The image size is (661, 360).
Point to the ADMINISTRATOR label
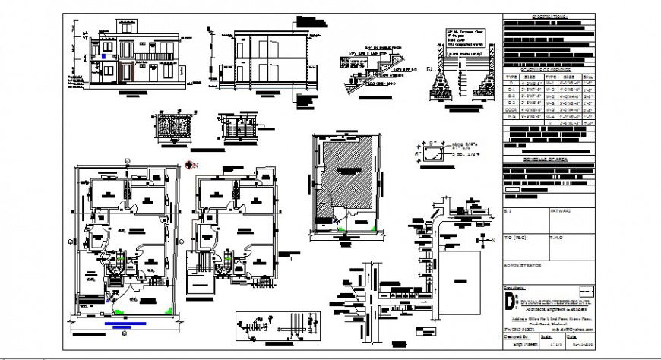point(524,267)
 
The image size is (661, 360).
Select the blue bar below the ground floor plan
point(122,327)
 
